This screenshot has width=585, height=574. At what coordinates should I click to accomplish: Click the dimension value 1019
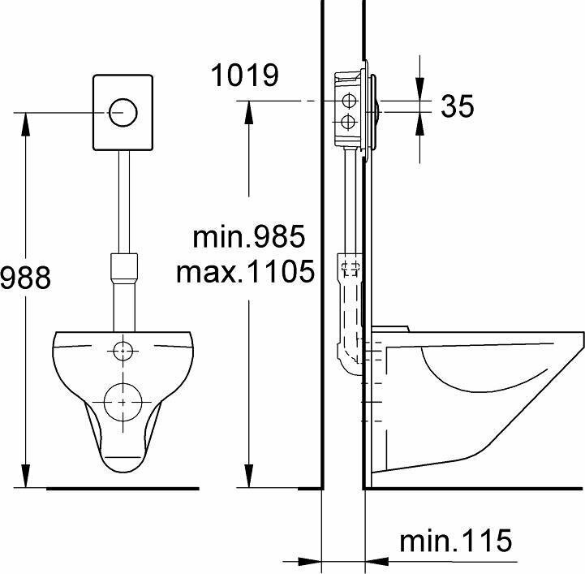click(245, 75)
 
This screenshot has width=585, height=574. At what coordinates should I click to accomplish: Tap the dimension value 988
click(25, 278)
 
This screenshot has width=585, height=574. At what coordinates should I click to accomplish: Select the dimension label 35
click(457, 106)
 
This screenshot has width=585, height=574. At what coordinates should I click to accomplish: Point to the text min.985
click(248, 236)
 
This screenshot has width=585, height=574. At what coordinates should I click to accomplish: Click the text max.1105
click(246, 271)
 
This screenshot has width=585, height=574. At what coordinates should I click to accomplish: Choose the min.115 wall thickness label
click(455, 540)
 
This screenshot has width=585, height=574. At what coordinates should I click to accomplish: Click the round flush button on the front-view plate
click(123, 112)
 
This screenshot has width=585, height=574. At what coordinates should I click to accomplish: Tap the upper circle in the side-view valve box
click(350, 101)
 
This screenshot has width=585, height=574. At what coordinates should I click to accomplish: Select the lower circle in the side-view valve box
click(350, 122)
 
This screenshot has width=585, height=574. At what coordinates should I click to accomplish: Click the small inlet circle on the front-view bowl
click(123, 351)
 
